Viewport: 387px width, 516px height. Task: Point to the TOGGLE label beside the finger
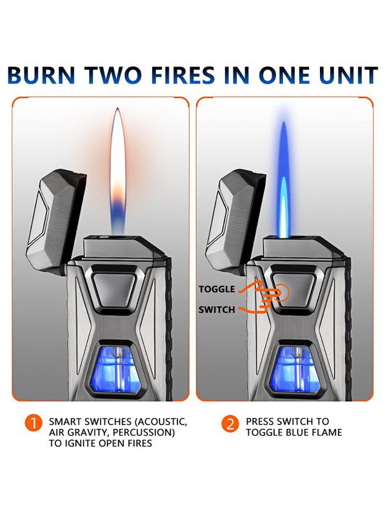click(217, 289)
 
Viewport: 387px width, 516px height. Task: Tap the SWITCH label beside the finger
click(217, 310)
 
